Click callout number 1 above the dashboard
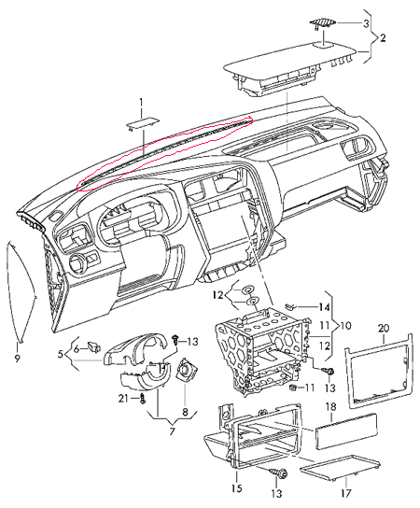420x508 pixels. (x=141, y=103)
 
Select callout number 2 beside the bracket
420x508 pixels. (x=383, y=38)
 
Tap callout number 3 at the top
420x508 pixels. (x=366, y=23)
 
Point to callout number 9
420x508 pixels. (x=17, y=358)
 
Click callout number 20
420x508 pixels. (x=384, y=328)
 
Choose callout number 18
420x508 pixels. (x=331, y=407)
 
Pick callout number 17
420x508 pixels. (x=346, y=493)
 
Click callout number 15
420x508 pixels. (x=237, y=487)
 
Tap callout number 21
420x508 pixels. (x=123, y=399)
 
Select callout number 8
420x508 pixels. (x=185, y=413)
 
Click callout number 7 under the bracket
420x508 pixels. (x=172, y=431)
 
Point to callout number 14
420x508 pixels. (x=324, y=307)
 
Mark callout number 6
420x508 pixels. (x=77, y=349)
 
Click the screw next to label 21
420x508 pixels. (x=142, y=399)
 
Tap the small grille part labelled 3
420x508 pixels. (x=322, y=22)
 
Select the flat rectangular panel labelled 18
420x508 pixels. (x=345, y=430)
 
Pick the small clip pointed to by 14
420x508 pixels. (x=290, y=305)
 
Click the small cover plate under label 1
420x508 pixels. (x=143, y=124)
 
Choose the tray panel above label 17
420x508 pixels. (x=340, y=468)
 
